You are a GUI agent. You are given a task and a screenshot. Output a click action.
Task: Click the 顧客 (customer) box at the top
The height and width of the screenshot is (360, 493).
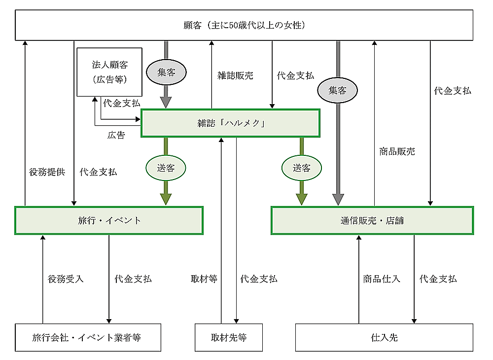(x=245, y=25)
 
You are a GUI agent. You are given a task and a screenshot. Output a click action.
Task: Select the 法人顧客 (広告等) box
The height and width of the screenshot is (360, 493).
(x=109, y=72)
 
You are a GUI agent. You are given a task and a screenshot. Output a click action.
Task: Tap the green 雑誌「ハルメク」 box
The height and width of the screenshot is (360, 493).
(x=231, y=123)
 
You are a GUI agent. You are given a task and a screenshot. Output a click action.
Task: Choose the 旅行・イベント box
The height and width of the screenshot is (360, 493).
(x=109, y=220)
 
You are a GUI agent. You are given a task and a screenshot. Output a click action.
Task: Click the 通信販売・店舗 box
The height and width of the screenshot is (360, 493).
(x=372, y=220)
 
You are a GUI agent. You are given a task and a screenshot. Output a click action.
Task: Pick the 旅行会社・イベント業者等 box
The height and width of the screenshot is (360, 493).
(x=88, y=337)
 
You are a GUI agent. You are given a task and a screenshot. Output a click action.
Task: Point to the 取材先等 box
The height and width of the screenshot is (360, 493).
(x=228, y=337)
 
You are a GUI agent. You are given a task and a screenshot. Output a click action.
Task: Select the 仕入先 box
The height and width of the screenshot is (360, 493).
(x=384, y=337)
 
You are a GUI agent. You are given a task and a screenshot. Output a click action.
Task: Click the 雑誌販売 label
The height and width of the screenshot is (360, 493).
(x=235, y=76)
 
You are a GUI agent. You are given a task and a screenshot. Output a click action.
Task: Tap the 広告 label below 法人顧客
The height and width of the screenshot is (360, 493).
(x=116, y=135)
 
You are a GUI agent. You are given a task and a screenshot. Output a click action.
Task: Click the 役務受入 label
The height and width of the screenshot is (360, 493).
(x=66, y=279)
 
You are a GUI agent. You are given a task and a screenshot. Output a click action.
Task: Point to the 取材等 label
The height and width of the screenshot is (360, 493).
(x=204, y=279)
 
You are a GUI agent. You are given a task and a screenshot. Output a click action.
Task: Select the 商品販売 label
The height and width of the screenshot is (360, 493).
(x=397, y=151)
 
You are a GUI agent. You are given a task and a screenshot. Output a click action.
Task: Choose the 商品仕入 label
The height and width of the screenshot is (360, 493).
(x=382, y=279)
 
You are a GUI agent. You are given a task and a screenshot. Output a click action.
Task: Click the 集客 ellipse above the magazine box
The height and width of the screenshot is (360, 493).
(x=167, y=72)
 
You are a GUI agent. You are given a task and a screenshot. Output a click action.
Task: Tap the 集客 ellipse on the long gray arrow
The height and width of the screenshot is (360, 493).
(x=338, y=90)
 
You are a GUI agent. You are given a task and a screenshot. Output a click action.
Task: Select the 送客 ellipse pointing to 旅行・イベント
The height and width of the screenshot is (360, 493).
(x=166, y=168)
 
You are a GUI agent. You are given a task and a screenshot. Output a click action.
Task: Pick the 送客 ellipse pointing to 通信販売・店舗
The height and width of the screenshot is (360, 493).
(x=301, y=168)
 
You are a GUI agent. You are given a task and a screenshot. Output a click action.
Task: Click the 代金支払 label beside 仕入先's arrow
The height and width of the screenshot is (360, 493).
(x=438, y=279)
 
